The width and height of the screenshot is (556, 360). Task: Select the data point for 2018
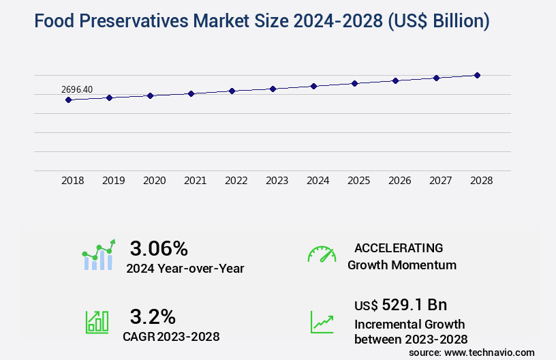68,100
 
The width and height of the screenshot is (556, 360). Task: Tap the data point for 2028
477,75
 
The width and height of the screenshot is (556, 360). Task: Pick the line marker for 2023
273,89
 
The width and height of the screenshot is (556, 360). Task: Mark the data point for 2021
191,93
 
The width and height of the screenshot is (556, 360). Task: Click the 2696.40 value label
77,89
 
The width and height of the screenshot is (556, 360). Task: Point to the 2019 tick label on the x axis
114,181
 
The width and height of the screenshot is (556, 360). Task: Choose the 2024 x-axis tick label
318,181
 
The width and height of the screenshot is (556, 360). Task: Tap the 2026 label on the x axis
399,181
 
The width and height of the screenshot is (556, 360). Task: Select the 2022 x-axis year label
236,181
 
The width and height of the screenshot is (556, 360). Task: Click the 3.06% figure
159,248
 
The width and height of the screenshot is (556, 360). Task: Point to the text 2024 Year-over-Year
185,269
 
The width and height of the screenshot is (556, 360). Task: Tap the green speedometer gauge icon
322,254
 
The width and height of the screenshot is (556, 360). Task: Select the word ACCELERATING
399,248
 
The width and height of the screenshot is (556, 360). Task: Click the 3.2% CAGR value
153,316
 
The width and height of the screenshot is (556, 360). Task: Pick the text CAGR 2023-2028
171,336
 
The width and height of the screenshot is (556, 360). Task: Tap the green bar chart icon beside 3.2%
97,322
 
